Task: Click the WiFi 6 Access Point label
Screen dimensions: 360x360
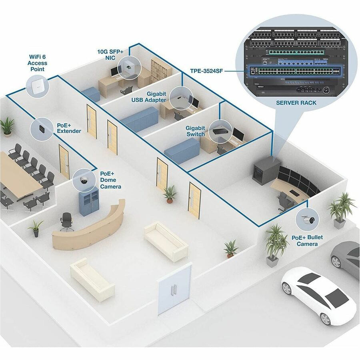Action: pyautogui.click(x=37, y=63)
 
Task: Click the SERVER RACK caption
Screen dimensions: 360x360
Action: pyautogui.click(x=296, y=103)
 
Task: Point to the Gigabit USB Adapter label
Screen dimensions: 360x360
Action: pyautogui.click(x=149, y=96)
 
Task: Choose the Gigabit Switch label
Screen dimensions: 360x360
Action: pyautogui.click(x=195, y=131)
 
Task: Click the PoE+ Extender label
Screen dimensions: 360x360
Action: pyautogui.click(x=69, y=128)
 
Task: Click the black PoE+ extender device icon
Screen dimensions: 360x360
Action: pyautogui.click(x=42, y=129)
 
